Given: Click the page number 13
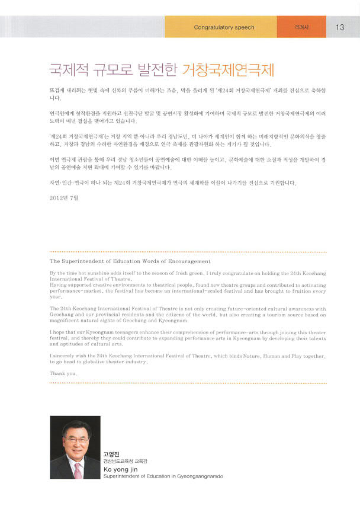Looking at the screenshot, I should click(340, 27).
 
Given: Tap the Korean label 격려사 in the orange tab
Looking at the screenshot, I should click(301, 27).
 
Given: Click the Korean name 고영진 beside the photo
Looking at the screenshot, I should click(112, 454).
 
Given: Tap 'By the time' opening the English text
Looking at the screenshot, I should click(65, 273).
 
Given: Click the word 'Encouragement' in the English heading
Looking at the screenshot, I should click(189, 261).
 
